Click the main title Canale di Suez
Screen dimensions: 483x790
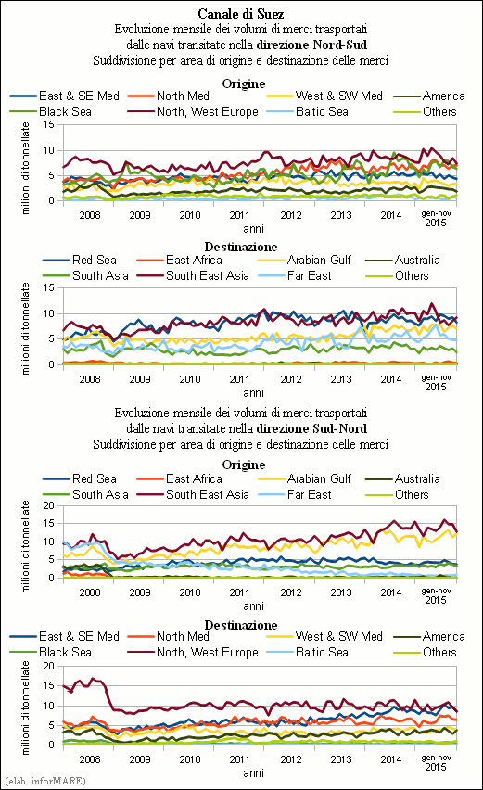pyautogui.click(x=241, y=14)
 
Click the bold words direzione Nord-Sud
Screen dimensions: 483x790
pyautogui.click(x=311, y=45)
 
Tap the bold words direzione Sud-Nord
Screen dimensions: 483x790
pyautogui.click(x=311, y=428)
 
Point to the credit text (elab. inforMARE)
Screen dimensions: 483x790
pyautogui.click(x=45, y=781)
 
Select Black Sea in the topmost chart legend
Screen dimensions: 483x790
pyautogui.click(x=65, y=112)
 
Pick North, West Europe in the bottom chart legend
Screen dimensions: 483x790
pyautogui.click(x=207, y=653)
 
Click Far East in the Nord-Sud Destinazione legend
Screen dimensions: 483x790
pyautogui.click(x=310, y=276)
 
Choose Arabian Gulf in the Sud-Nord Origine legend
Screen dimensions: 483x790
pyautogui.click(x=319, y=479)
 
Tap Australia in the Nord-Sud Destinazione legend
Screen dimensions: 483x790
pyautogui.click(x=417, y=261)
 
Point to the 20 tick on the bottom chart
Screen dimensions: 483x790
pyautogui.click(x=49, y=666)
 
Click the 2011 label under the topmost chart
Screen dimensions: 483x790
pyautogui.click(x=240, y=215)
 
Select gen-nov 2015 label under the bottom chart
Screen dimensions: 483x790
pyautogui.click(x=436, y=762)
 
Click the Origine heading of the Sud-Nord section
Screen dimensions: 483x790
pyautogui.click(x=244, y=465)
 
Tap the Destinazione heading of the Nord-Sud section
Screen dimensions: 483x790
pyautogui.click(x=241, y=247)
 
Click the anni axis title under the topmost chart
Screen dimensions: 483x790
pyautogui.click(x=253, y=229)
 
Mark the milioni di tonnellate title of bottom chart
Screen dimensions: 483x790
pyautogui.click(x=25, y=707)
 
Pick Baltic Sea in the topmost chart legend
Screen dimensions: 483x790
pyautogui.click(x=322, y=112)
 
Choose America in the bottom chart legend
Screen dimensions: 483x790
pyautogui.click(x=444, y=637)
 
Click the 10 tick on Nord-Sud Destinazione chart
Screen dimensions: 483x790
pyautogui.click(x=49, y=314)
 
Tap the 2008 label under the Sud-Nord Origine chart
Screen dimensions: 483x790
pyautogui.click(x=90, y=592)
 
